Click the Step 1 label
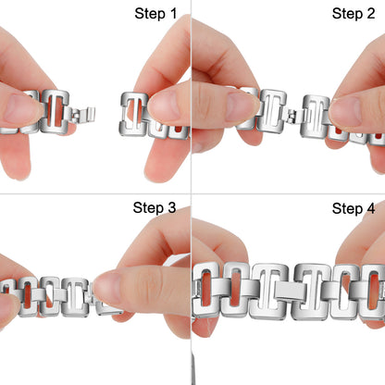(155, 14)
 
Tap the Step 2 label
(354, 14)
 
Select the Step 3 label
(155, 207)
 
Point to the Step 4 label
(354, 208)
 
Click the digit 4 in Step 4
(371, 208)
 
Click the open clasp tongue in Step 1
(82, 115)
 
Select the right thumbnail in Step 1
(164, 105)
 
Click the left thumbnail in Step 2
(242, 106)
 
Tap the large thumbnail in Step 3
(108, 289)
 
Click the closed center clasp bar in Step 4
(290, 292)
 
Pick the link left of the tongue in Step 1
(55, 112)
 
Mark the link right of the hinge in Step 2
(316, 117)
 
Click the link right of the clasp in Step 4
(313, 292)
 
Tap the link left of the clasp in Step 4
(269, 292)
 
